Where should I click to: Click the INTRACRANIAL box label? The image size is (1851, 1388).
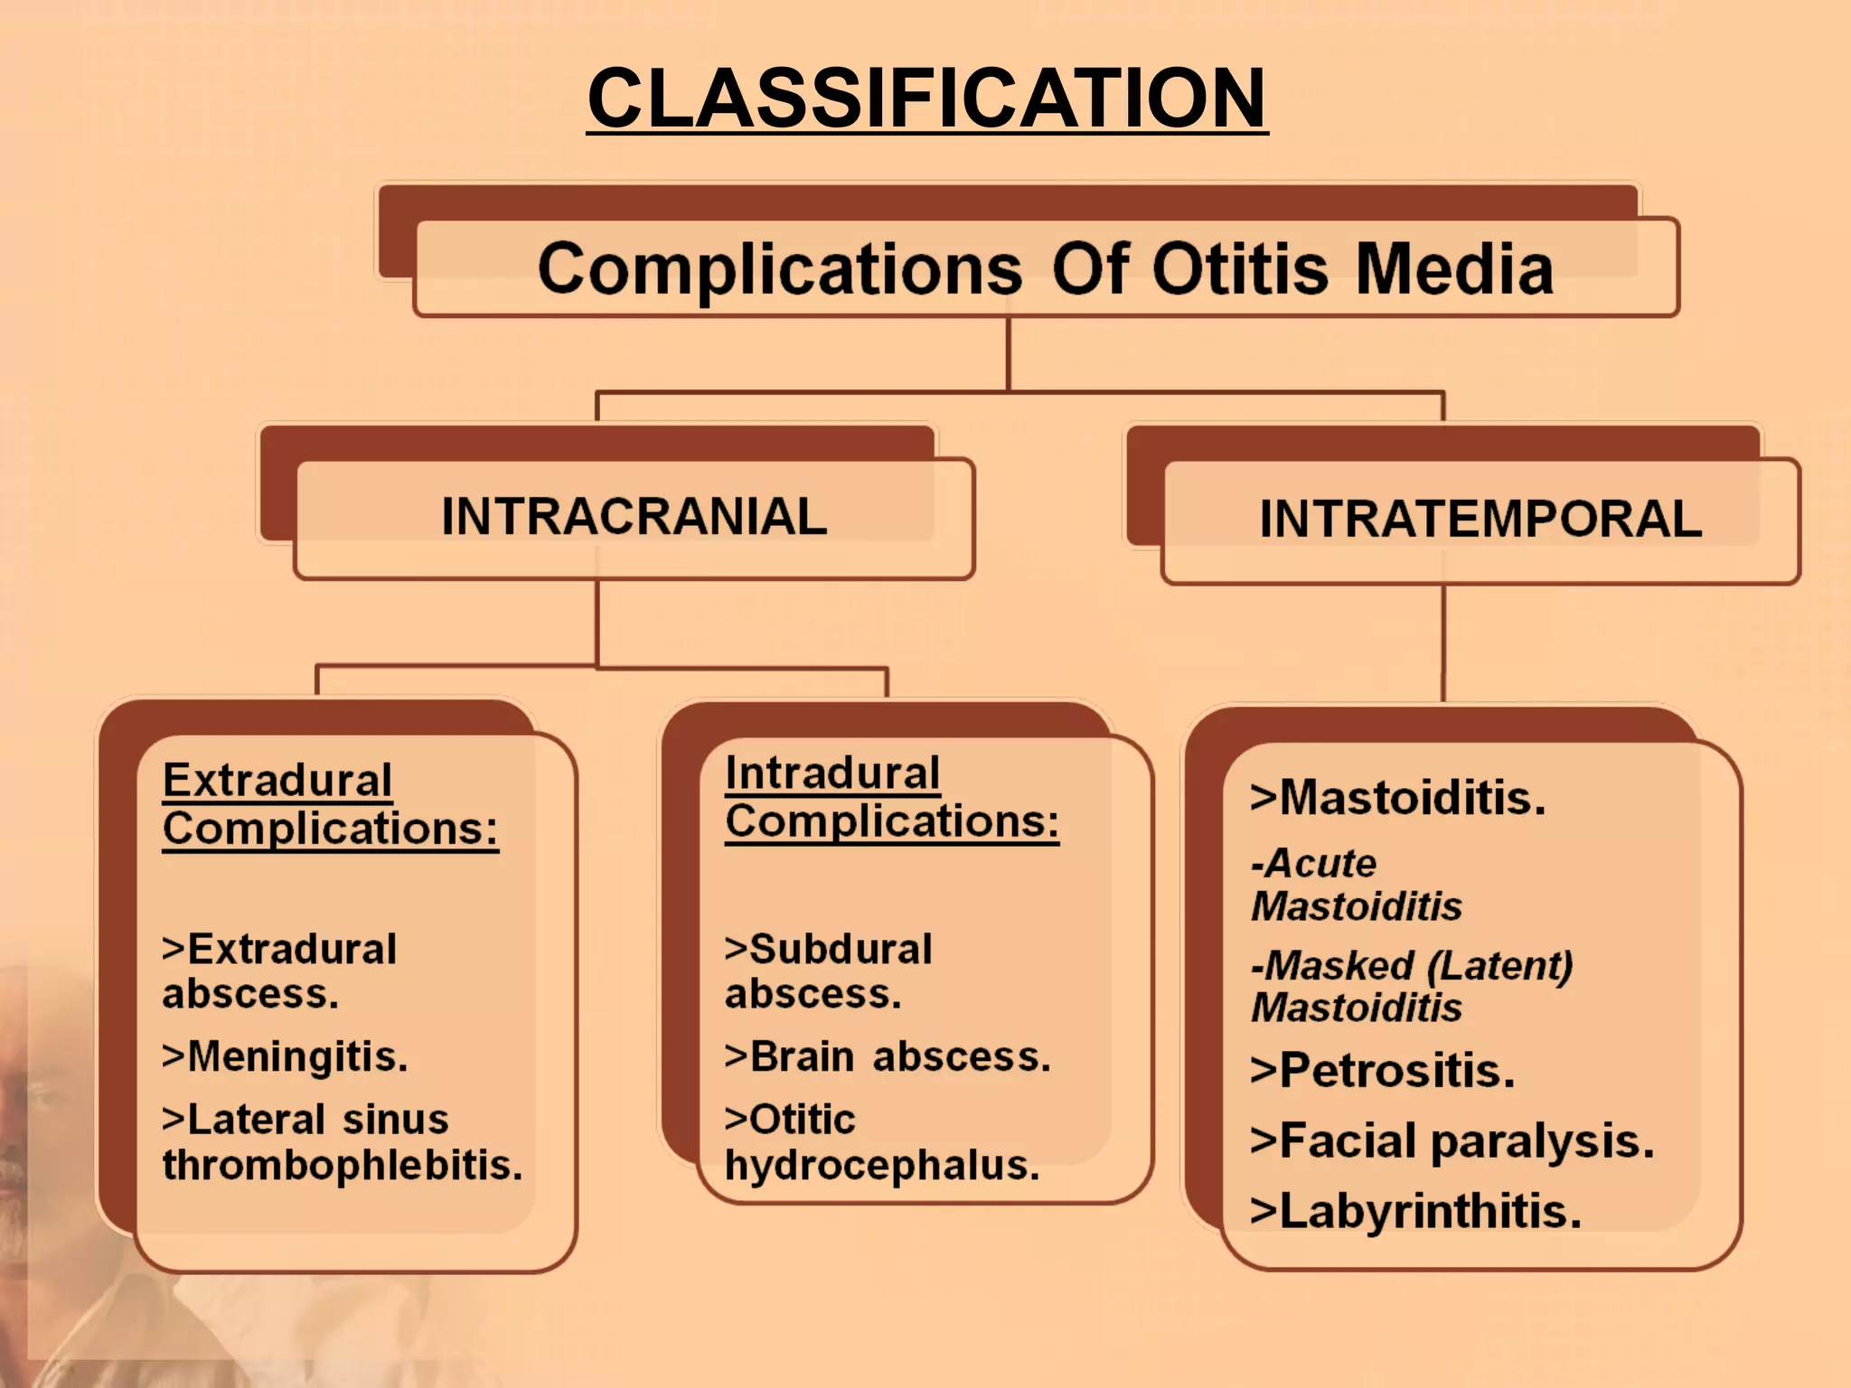(x=634, y=517)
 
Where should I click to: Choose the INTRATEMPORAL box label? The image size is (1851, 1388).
(x=1480, y=520)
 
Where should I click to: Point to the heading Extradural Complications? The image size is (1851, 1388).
(x=329, y=804)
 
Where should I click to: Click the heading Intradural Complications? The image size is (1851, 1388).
(x=890, y=797)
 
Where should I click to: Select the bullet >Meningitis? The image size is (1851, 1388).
(x=285, y=1056)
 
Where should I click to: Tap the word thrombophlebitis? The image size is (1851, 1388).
(x=342, y=1165)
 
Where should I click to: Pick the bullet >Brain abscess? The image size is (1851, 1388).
(x=888, y=1056)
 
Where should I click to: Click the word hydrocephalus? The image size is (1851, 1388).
(x=881, y=1166)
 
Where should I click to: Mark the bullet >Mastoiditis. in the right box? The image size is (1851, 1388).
(x=1397, y=798)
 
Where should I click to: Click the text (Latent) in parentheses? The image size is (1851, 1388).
(x=1500, y=966)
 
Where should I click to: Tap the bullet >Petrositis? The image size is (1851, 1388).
(x=1382, y=1071)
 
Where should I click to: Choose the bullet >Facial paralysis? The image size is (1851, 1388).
(x=1452, y=1141)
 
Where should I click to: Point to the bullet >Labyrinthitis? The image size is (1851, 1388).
(x=1415, y=1212)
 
